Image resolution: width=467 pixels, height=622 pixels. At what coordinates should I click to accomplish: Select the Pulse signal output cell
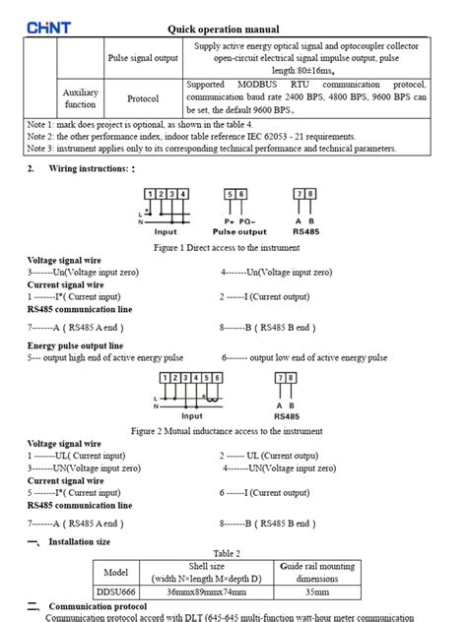(143, 58)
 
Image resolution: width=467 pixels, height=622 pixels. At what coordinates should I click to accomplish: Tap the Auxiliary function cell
(81, 97)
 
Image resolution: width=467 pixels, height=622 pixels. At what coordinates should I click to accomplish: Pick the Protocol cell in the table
(143, 98)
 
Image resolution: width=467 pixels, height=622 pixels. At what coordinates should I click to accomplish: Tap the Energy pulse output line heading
(75, 346)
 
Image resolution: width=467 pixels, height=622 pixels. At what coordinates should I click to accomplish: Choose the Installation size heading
(79, 541)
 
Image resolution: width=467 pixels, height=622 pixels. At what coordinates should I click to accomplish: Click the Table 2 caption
(227, 554)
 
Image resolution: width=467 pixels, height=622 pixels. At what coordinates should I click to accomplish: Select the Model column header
(116, 572)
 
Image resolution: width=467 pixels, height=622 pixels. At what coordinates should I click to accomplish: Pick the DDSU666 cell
(116, 593)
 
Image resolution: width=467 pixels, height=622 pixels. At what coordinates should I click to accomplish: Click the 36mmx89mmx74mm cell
(207, 593)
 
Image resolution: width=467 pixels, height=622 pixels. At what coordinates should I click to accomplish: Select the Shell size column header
(207, 572)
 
